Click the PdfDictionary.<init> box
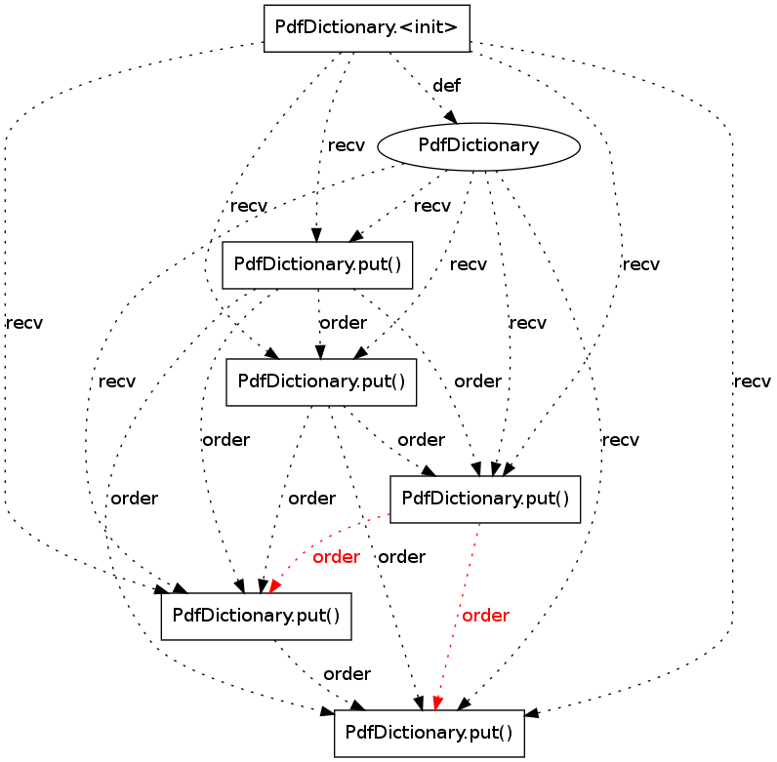coord(367,28)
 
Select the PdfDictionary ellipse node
coord(478,146)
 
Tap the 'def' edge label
coord(446,86)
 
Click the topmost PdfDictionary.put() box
coord(317,265)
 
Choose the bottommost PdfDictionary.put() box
coord(429,734)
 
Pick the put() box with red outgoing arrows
coord(485,499)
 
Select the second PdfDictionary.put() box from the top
coord(321,382)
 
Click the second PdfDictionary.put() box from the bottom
coord(256,616)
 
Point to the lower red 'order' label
coord(486,616)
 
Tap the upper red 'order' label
coord(336,557)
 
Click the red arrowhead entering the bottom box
coord(437,703)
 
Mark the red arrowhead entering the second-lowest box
coord(274,587)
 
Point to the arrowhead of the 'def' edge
coord(451,117)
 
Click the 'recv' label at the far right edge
coord(753,381)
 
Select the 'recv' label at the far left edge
coord(24,324)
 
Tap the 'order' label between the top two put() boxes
coord(344,323)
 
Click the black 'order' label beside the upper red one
coord(402,557)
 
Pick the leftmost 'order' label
coord(135,499)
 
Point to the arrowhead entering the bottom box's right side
coord(532,713)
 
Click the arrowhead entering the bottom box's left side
coord(328,711)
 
